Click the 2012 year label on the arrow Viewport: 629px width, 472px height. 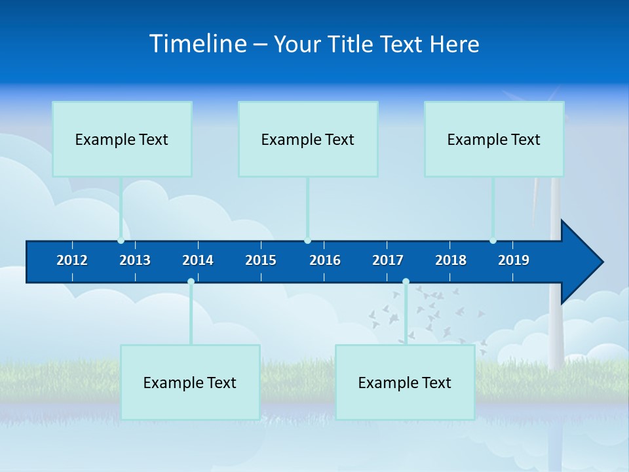(x=72, y=260)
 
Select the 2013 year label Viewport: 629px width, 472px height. (x=135, y=260)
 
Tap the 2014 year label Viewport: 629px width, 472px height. (x=198, y=260)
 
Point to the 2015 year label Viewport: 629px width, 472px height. (x=261, y=260)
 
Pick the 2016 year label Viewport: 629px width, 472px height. (x=325, y=260)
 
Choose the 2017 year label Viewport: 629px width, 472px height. (x=388, y=260)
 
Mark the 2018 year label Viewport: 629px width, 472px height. (x=451, y=260)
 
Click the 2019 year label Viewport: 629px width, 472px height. (x=514, y=260)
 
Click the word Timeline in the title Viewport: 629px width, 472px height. (x=198, y=43)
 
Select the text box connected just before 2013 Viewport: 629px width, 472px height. (x=122, y=139)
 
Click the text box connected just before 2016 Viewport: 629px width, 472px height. (x=308, y=139)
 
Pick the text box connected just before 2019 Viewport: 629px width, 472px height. (x=494, y=139)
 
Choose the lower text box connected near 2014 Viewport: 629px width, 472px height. (x=190, y=382)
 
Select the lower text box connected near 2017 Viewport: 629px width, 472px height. (x=405, y=382)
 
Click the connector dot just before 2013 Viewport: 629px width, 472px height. (x=121, y=241)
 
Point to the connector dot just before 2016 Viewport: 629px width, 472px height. (x=307, y=241)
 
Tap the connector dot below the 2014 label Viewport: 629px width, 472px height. (x=191, y=282)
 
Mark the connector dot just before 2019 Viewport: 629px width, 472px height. (x=493, y=241)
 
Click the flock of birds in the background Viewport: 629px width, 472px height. (x=426, y=311)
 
